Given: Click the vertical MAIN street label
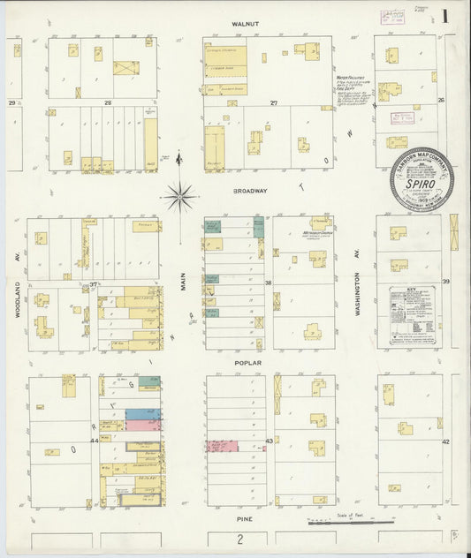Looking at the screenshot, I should point(184,282).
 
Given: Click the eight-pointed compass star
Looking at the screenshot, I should point(179,195).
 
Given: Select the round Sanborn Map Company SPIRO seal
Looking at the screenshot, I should point(421,179).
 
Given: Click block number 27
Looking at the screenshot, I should point(274,104).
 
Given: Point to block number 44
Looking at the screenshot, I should point(93,440).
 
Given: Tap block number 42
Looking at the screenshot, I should point(446,441).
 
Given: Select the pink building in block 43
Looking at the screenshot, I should point(223,447).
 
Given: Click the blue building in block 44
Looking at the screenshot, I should point(142,413).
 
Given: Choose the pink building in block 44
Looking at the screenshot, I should point(142,425).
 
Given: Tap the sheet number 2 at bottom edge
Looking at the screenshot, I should point(239,539).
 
